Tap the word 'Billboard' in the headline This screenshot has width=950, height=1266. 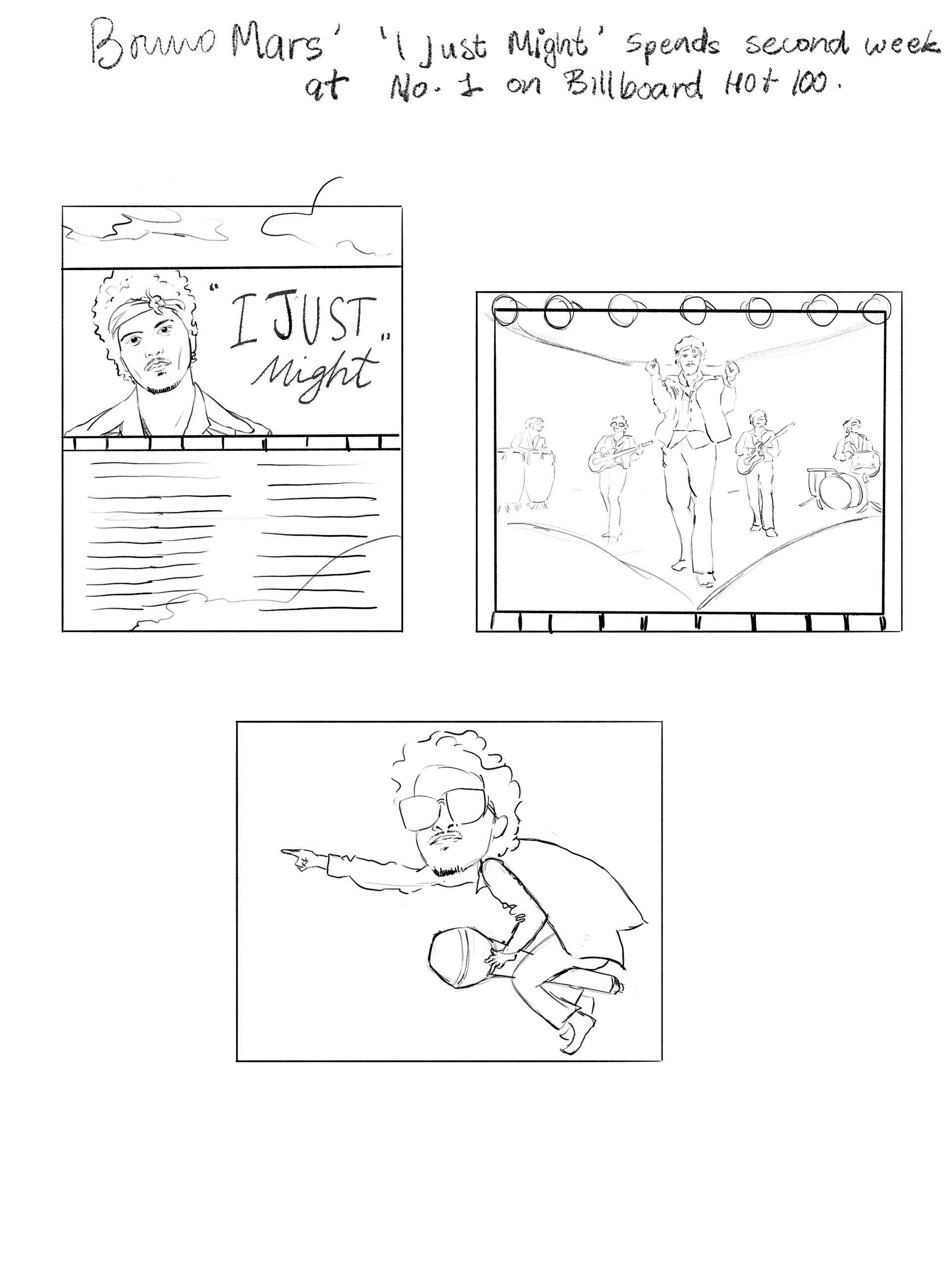point(633,87)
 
